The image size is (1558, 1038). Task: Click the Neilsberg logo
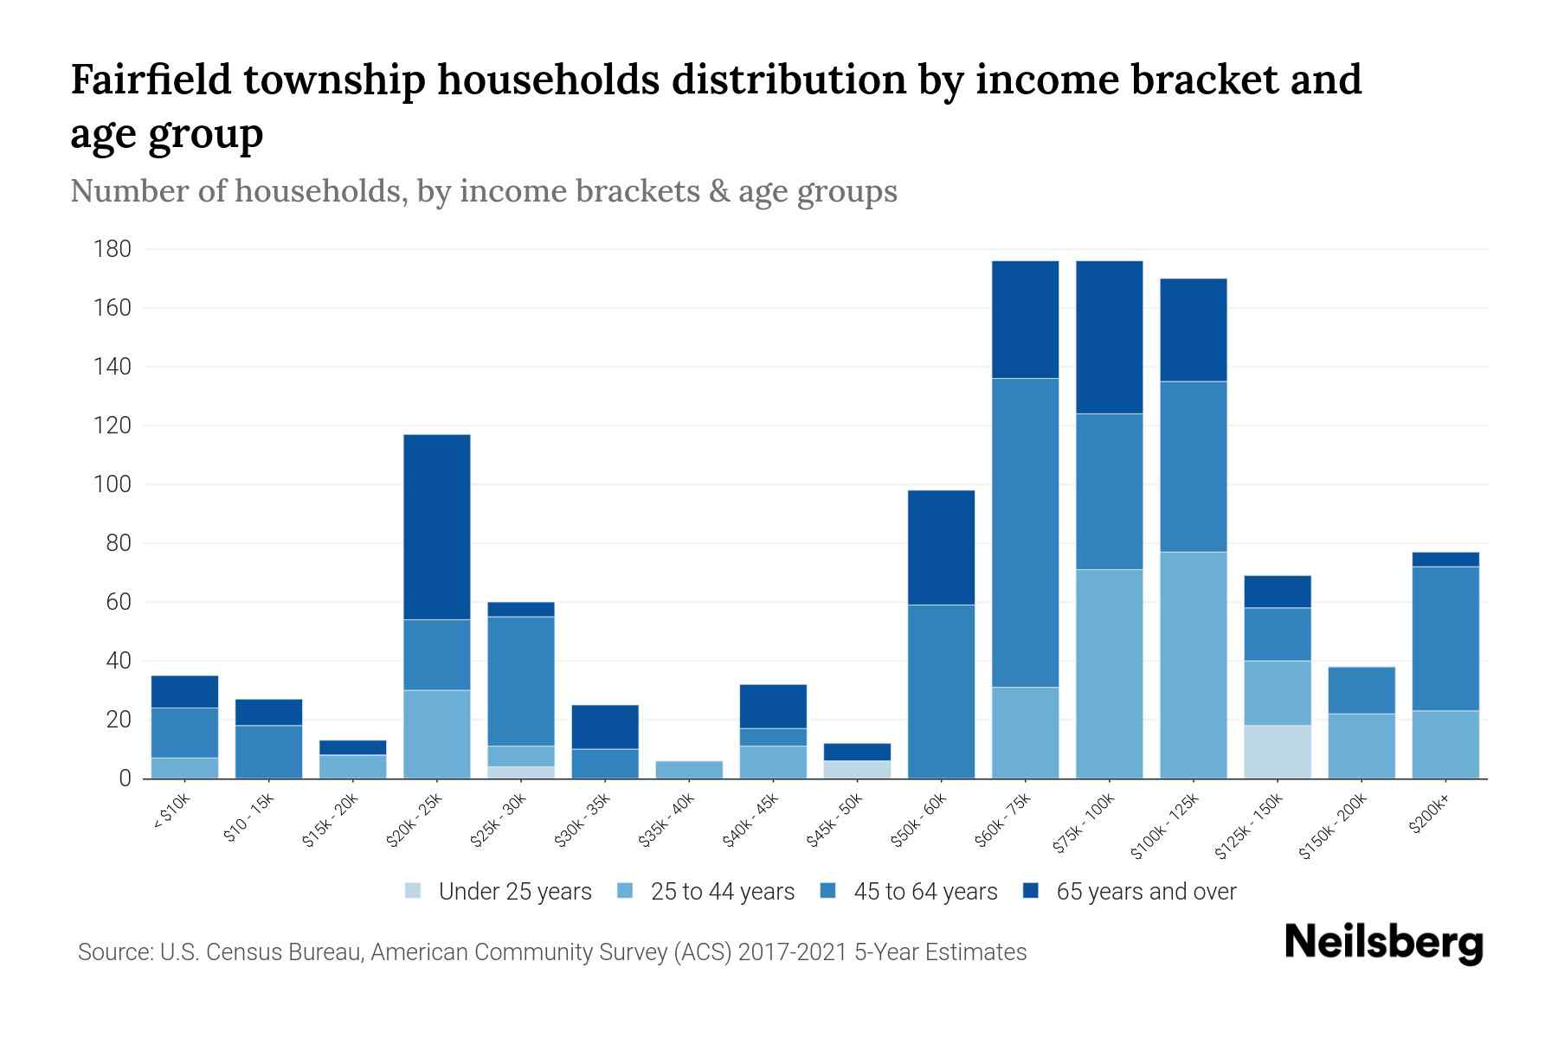click(1383, 943)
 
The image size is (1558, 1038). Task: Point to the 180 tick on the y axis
click(113, 250)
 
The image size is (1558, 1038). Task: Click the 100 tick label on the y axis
click(113, 484)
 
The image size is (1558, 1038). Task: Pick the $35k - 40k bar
click(689, 770)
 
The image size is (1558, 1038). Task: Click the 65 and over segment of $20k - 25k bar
click(437, 527)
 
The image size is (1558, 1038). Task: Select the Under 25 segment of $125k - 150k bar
click(1277, 752)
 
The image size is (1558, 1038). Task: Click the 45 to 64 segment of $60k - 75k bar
click(1025, 533)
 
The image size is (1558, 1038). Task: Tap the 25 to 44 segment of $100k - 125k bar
click(1193, 665)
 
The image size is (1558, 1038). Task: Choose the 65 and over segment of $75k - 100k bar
click(1109, 337)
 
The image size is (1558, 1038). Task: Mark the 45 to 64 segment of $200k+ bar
click(1445, 638)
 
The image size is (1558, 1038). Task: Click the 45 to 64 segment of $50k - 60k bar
click(941, 691)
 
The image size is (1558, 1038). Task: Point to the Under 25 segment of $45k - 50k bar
click(857, 770)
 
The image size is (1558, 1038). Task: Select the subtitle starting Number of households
click(483, 191)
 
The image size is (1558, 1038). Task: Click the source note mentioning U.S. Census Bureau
click(551, 952)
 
